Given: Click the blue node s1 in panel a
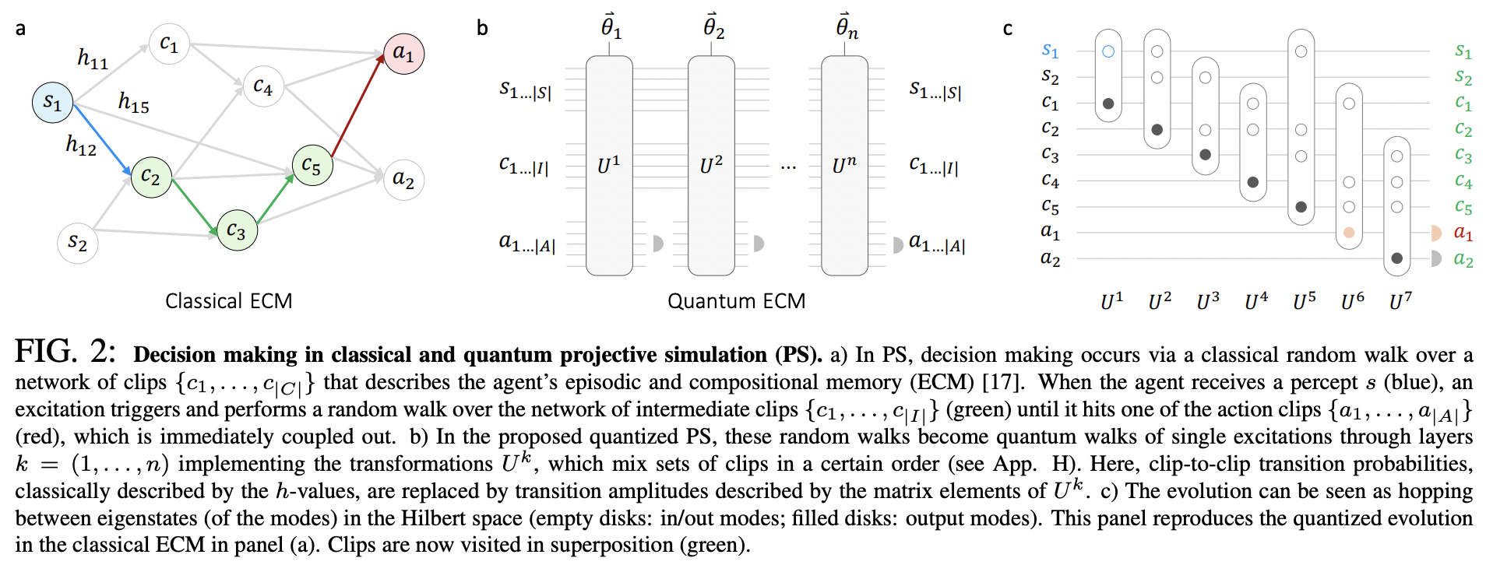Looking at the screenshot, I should pos(52,102).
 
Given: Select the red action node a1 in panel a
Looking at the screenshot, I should pos(403,54).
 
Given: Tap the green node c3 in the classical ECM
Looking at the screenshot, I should pos(237,230).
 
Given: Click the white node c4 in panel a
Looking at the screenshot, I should pos(263,86).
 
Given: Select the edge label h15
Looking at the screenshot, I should pos(134,102).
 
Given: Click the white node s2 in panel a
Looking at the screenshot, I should pos(77,242).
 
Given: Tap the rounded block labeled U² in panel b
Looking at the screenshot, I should pos(711,165).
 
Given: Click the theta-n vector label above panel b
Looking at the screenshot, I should pos(846,27).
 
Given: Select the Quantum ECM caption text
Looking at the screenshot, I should pos(736,301).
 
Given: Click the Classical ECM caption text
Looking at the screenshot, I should pos(228,301).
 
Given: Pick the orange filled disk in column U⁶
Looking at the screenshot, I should pos(1349,233).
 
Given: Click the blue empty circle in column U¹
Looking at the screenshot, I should pos(1108,51).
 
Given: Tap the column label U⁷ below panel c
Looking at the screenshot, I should pos(1400,301).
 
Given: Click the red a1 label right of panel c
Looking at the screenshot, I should pos(1463,233).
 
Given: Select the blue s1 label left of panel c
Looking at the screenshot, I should pos(1050,51).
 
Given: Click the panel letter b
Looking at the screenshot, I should pos(482,29).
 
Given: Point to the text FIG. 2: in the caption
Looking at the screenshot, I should pos(65,353).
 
